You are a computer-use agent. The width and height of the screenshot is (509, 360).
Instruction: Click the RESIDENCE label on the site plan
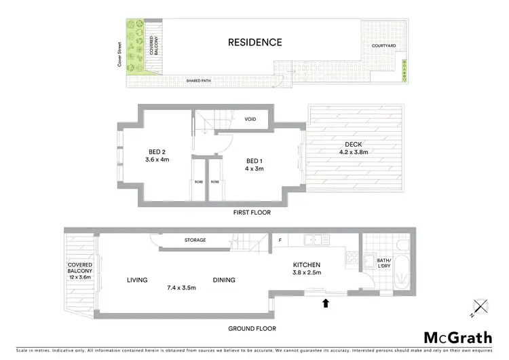pyautogui.click(x=254, y=42)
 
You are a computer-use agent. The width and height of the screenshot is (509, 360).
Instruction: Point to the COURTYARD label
pyautogui.click(x=384, y=46)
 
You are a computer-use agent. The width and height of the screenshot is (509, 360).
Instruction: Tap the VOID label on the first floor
pyautogui.click(x=250, y=120)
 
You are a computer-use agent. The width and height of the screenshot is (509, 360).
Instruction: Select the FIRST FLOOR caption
pyautogui.click(x=251, y=213)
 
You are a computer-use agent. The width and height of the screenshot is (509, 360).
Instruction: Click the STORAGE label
pyautogui.click(x=195, y=240)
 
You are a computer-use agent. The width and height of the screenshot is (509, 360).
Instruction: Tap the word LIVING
pyautogui.click(x=138, y=280)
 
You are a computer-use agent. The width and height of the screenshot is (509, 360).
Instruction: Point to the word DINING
pyautogui.click(x=224, y=280)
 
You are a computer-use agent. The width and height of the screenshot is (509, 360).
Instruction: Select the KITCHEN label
pyautogui.click(x=306, y=265)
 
